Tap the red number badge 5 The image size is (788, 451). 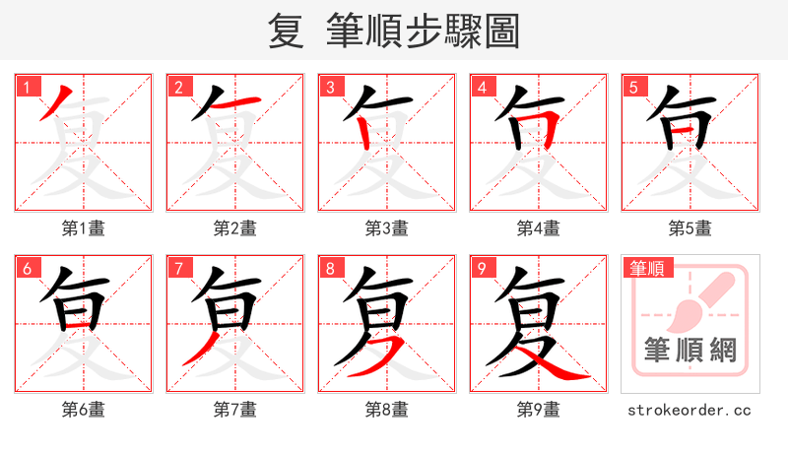click(631, 87)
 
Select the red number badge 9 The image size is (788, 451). click(481, 268)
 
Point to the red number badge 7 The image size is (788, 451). click(177, 268)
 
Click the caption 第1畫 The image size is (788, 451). click(84, 228)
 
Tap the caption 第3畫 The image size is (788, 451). click(387, 228)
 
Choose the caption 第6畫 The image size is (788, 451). click(84, 410)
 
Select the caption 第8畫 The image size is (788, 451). click(387, 410)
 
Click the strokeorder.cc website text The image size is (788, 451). click(689, 410)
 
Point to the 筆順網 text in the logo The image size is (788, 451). click(689, 350)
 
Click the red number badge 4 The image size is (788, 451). click(481, 87)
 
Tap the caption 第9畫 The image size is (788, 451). click(539, 410)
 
